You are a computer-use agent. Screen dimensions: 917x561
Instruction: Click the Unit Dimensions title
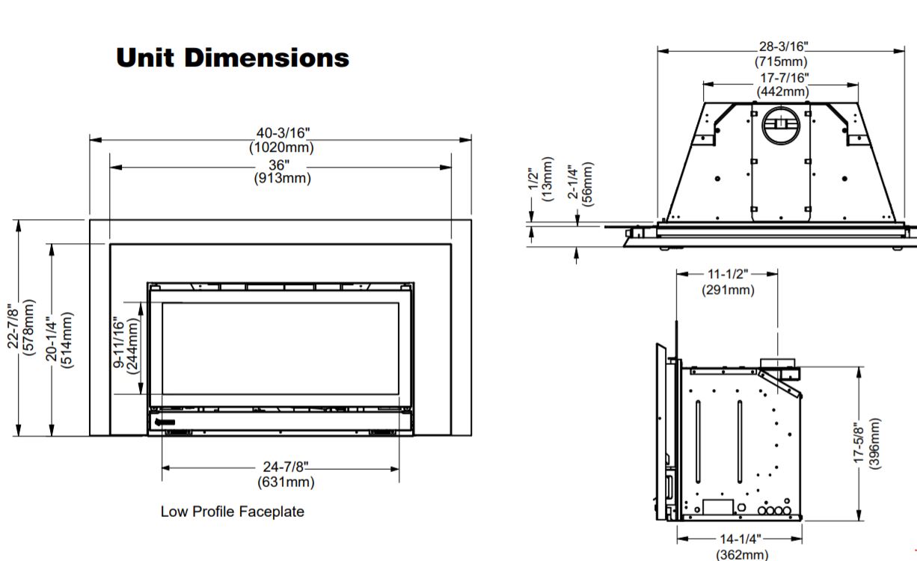pos(233,58)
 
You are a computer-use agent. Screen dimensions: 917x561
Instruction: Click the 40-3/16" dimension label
pos(283,133)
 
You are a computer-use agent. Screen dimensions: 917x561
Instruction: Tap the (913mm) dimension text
pos(283,179)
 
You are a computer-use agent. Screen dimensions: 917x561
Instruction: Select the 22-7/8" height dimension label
pos(13,327)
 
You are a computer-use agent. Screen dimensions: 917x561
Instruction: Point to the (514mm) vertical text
pos(67,340)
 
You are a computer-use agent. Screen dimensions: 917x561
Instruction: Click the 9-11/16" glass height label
pos(118,343)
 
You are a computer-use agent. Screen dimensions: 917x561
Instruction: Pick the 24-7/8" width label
pos(285,467)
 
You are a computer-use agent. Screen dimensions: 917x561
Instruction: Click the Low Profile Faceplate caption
pos(232,512)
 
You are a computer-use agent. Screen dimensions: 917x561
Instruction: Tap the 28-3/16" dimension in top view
pos(784,46)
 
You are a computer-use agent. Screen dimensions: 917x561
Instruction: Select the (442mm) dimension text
pos(782,91)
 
